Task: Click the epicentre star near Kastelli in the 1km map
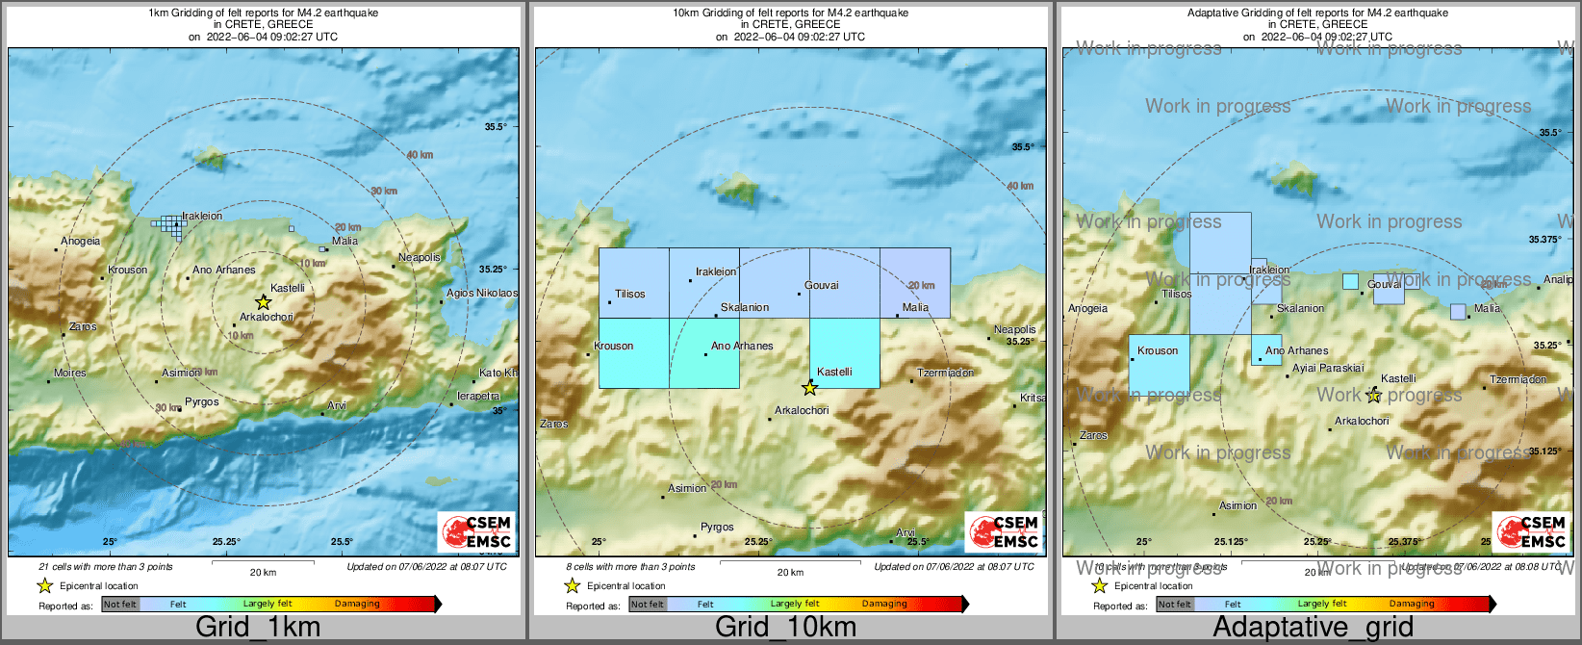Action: [263, 302]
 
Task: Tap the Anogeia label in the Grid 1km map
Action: [80, 242]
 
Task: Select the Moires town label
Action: [69, 373]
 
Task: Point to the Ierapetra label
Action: [478, 396]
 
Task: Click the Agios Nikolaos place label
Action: [481, 293]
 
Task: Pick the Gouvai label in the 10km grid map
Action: [822, 285]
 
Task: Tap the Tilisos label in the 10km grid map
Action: [630, 294]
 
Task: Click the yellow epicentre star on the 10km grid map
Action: [810, 388]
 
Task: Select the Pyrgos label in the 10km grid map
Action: [717, 527]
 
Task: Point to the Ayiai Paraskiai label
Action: [1328, 368]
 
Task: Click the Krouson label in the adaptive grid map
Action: [1158, 350]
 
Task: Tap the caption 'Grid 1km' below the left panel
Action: [258, 627]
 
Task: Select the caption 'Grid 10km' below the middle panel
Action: [785, 627]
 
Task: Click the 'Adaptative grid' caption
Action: [1313, 627]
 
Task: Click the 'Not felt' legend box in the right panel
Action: [1174, 605]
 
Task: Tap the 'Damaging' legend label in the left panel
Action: [357, 604]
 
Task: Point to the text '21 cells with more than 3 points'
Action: [106, 567]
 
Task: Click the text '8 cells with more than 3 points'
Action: [630, 567]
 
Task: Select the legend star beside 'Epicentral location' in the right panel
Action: [1099, 585]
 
